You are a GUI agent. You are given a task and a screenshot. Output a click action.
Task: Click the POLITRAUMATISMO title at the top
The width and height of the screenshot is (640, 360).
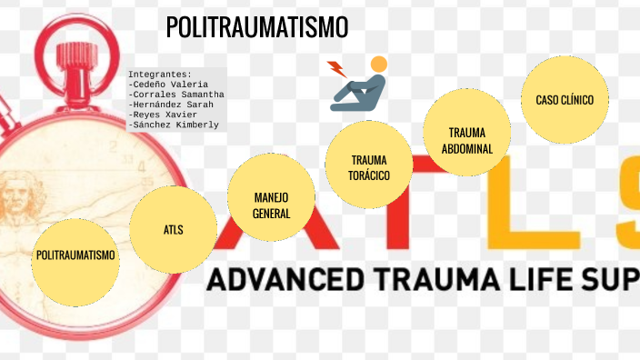[x=257, y=28]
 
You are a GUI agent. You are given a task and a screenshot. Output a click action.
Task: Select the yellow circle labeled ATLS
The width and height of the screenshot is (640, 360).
[x=173, y=229]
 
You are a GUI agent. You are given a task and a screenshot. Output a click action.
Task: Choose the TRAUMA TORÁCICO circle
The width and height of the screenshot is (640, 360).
[x=369, y=166]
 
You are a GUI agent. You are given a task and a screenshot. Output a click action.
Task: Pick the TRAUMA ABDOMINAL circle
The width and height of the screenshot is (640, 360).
[x=466, y=139]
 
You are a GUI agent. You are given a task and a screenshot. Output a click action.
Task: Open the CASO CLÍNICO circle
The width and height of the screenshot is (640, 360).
[x=565, y=100]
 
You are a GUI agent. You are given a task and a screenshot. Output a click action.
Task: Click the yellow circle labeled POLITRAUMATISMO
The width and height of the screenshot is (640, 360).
[x=76, y=255]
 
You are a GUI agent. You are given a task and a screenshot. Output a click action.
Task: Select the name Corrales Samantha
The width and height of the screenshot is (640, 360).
[x=176, y=94]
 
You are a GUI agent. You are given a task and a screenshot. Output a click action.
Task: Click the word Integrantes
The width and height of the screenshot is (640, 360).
[x=160, y=74]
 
